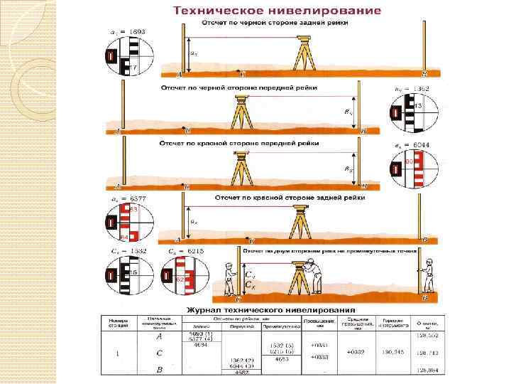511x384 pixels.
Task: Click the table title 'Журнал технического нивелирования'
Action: pyautogui.click(x=270, y=310)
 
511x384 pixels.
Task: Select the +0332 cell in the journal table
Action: pyautogui.click(x=361, y=352)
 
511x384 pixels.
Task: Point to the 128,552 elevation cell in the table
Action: pyautogui.click(x=427, y=335)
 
